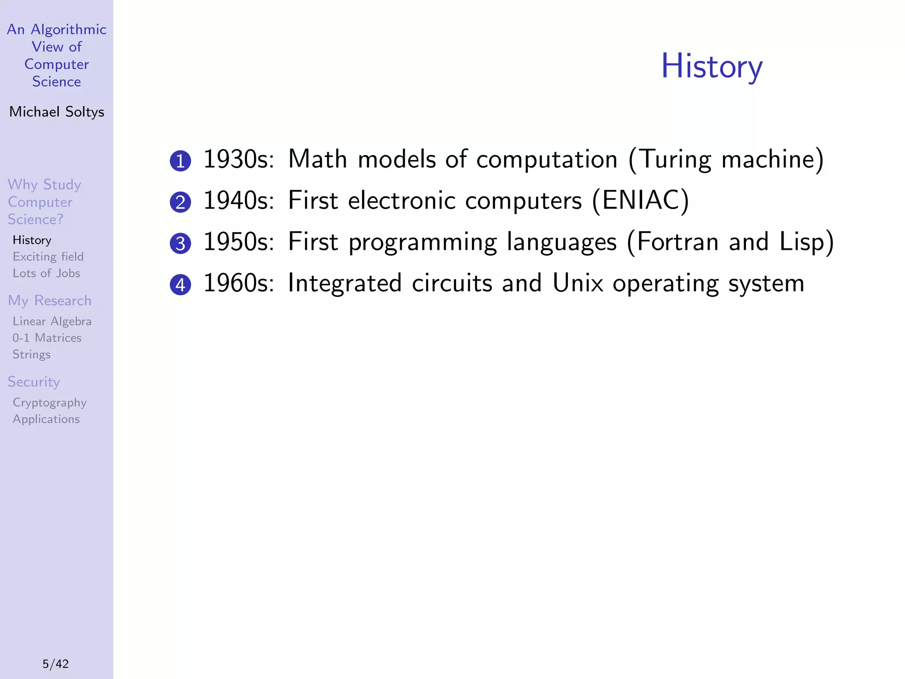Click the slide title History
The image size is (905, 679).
coord(711,66)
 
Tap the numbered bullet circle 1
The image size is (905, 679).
coord(180,161)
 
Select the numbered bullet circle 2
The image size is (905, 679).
coord(180,202)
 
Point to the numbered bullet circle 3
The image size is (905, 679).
coord(180,244)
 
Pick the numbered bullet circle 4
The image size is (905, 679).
coord(180,285)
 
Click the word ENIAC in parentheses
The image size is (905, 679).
coord(640,200)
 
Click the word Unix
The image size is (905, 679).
coord(578,283)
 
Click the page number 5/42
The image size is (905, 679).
coord(56,664)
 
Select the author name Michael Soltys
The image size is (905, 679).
coord(57,112)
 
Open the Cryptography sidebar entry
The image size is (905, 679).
coord(49,403)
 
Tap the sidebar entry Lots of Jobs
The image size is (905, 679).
coord(46,273)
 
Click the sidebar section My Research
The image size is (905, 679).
coord(49,301)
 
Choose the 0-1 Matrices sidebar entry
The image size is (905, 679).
coord(47,338)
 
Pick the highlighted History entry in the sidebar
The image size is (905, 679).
coord(32,240)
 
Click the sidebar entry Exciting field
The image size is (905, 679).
coord(48,256)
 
